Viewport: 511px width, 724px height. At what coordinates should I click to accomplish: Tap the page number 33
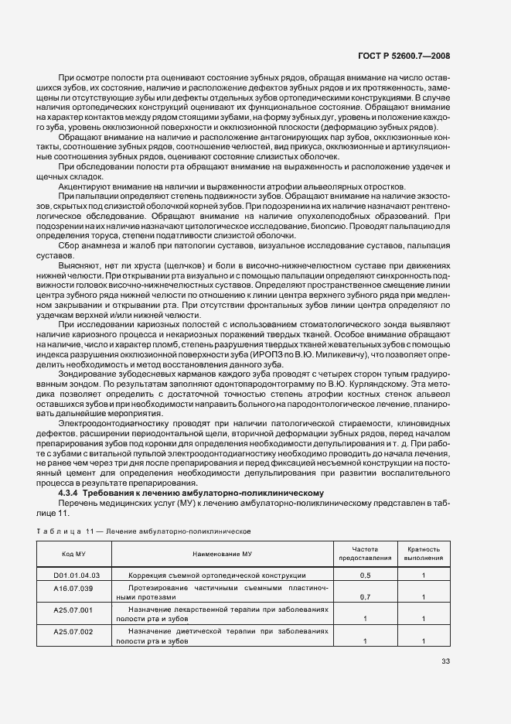[x=445, y=661]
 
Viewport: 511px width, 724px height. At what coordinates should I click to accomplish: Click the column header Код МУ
[x=73, y=555]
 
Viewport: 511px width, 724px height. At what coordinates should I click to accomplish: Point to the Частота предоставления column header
[x=363, y=553]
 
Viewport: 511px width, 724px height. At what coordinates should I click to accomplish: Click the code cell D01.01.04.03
[x=77, y=575]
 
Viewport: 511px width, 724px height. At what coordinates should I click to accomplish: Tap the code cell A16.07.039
[x=73, y=589]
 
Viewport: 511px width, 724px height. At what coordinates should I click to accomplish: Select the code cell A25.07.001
[x=73, y=610]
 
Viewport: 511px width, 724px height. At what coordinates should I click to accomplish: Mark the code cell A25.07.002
[x=73, y=632]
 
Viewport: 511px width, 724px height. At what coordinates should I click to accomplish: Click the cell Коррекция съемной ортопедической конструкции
[x=216, y=575]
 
